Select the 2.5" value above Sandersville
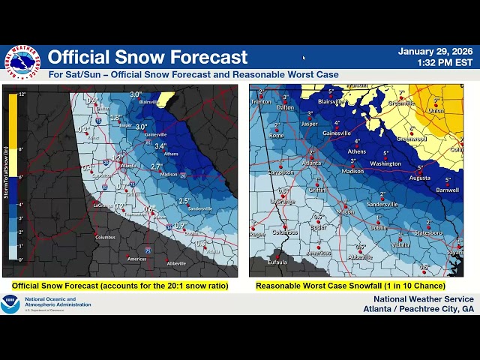click(x=184, y=201)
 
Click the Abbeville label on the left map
click(x=177, y=263)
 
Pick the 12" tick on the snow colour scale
click(x=22, y=94)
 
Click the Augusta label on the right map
click(x=421, y=178)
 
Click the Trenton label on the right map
click(x=261, y=101)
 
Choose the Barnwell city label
click(x=446, y=190)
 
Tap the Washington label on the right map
click(x=385, y=163)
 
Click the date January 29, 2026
click(x=435, y=52)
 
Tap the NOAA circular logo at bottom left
click(x=10, y=304)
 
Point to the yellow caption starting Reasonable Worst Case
click(x=350, y=286)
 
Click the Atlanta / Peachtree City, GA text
click(x=418, y=308)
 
